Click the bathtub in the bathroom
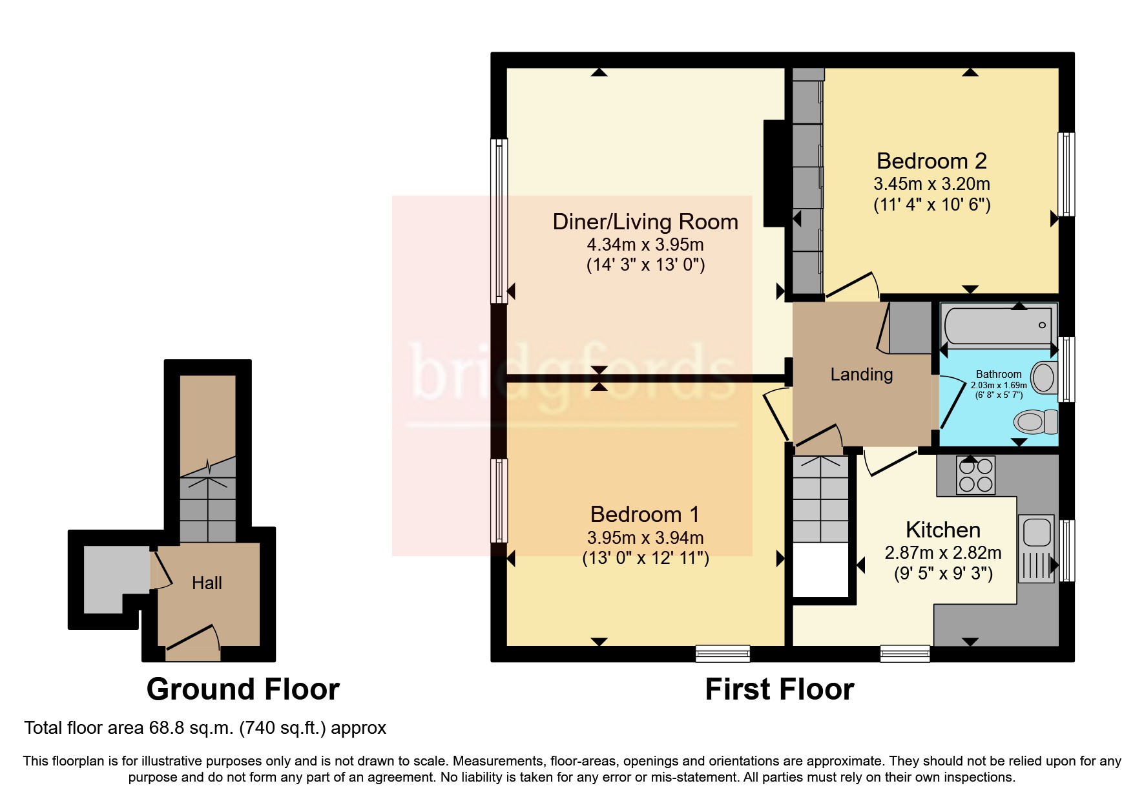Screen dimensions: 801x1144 [998, 325]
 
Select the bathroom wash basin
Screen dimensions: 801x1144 [1043, 377]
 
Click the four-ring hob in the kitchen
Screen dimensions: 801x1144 [975, 475]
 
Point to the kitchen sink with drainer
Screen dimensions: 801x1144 [1036, 546]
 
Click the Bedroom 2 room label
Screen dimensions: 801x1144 [931, 161]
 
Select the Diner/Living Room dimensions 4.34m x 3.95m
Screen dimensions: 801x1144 [645, 245]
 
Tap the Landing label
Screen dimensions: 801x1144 [861, 375]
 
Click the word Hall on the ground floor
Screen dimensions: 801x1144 [207, 583]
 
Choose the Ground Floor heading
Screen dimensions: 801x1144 [243, 689]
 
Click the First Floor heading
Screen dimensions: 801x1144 [779, 689]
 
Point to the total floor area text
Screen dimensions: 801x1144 [205, 728]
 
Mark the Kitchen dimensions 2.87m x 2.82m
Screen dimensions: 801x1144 [942, 553]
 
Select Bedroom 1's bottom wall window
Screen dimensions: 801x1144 [723, 654]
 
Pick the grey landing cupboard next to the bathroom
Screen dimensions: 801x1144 [910, 328]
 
